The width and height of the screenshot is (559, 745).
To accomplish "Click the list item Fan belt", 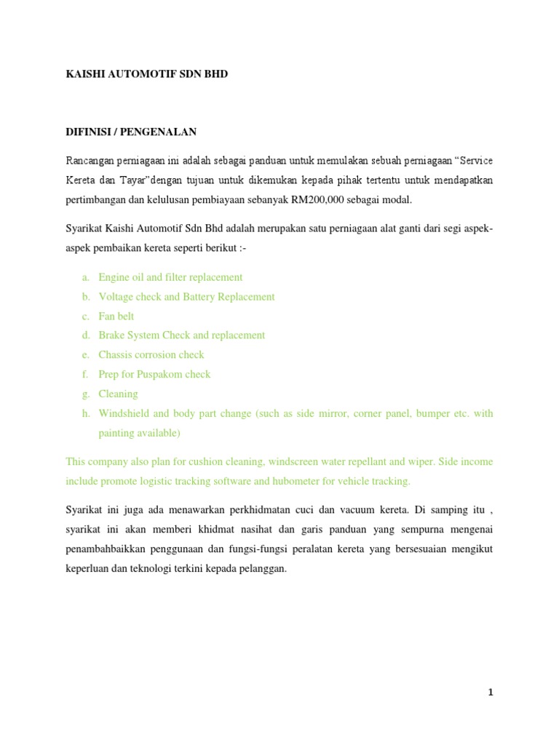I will point(116,316).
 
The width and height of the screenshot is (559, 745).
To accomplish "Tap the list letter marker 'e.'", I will point(85,355).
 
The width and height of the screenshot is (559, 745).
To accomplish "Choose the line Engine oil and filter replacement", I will point(170,277).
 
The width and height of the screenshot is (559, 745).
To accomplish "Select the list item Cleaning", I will point(118,394).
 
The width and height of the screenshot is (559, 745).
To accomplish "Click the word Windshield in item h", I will point(124,413).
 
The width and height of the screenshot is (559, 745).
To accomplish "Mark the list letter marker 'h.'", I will point(85,413).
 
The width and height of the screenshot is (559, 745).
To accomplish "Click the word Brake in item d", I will point(112,335).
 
